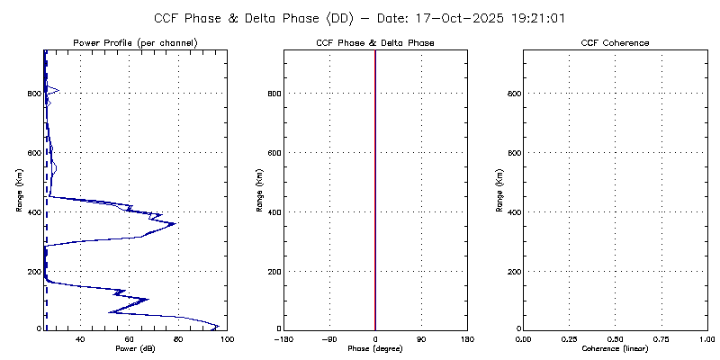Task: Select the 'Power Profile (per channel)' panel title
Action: pos(135,43)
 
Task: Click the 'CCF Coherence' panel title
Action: pos(615,43)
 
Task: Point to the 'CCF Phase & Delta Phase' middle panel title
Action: pos(375,43)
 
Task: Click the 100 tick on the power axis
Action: pos(226,338)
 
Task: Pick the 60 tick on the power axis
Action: pos(130,338)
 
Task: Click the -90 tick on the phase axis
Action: pos(328,338)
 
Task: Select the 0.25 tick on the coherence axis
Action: pos(569,338)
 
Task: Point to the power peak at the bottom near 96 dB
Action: pos(218,326)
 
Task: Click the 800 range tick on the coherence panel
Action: pos(513,94)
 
